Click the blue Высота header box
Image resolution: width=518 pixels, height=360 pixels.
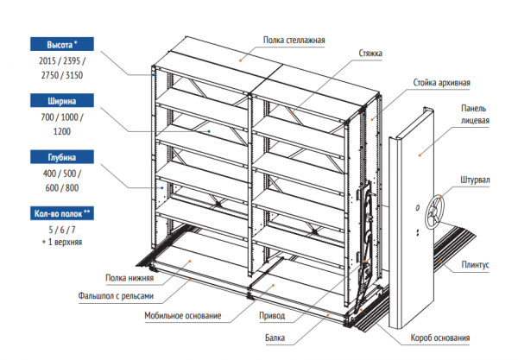[62, 44]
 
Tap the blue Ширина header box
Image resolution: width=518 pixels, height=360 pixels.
[62, 101]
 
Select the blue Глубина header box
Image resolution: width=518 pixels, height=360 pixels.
[62, 157]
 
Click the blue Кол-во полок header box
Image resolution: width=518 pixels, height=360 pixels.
[62, 214]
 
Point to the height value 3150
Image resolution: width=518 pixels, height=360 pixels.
[74, 75]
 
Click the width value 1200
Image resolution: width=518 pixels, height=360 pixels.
[62, 131]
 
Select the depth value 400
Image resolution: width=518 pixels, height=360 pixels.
[49, 174]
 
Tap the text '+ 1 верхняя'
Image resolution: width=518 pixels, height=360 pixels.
[62, 242]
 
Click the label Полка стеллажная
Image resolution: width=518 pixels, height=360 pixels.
[294, 41]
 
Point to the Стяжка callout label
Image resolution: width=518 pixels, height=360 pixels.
[370, 54]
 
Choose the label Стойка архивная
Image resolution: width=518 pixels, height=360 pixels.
[441, 83]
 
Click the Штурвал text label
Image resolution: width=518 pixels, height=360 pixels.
[475, 180]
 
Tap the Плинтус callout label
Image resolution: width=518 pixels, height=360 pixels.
[475, 265]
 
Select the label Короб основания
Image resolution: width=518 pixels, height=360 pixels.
[440, 338]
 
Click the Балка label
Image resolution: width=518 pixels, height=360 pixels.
[275, 338]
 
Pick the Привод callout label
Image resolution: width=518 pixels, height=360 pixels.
[272, 316]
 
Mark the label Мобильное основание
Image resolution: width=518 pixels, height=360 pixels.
[183, 315]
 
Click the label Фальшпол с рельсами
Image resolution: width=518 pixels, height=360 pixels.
[116, 295]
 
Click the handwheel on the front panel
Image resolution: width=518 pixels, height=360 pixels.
[434, 212]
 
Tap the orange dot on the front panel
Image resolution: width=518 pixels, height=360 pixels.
[420, 155]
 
